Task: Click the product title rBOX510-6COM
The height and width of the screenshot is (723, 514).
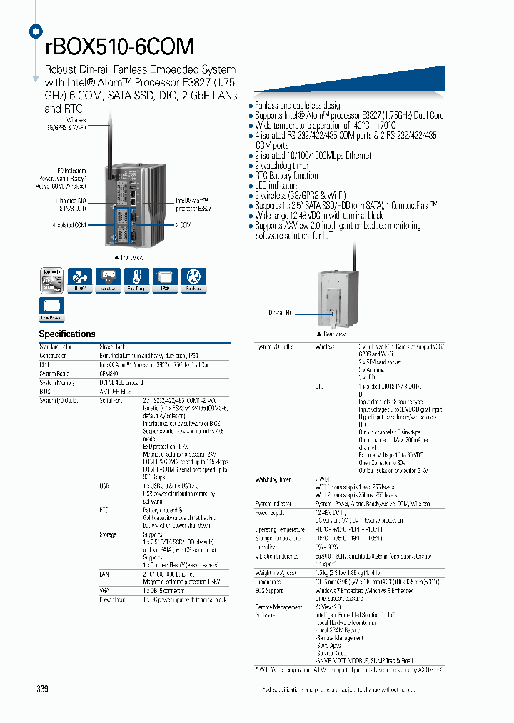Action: pyautogui.click(x=119, y=47)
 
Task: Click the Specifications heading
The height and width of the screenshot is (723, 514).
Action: pyautogui.click(x=67, y=334)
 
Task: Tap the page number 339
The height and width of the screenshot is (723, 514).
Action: pyautogui.click(x=43, y=689)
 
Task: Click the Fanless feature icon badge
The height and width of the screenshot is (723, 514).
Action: pyautogui.click(x=193, y=280)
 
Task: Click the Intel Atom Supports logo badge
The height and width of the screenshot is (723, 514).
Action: pyautogui.click(x=51, y=280)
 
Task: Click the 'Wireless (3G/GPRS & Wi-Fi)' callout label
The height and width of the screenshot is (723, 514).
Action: pyautogui.click(x=69, y=126)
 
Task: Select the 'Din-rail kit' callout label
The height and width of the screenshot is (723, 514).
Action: pyautogui.click(x=280, y=313)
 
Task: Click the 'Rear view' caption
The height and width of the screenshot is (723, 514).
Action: pyautogui.click(x=332, y=334)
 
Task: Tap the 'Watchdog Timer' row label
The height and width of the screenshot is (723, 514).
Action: pyautogui.click(x=273, y=479)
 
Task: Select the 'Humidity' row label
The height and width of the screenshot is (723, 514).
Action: pyautogui.click(x=266, y=547)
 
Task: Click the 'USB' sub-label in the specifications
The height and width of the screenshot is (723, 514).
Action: pyautogui.click(x=104, y=485)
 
